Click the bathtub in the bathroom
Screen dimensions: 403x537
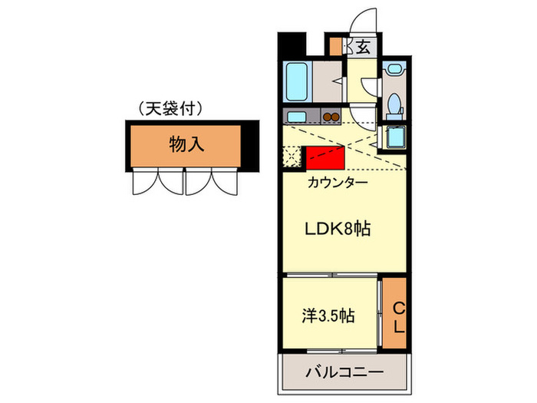click(x=297, y=82)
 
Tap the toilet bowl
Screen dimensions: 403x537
click(x=394, y=103)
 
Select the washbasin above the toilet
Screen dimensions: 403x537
click(x=394, y=69)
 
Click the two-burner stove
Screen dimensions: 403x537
click(x=331, y=117)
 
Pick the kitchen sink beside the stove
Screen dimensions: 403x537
click(x=296, y=117)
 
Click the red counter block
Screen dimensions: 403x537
click(x=324, y=158)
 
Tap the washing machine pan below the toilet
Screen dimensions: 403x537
click(x=394, y=137)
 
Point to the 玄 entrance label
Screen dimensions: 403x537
click(x=362, y=47)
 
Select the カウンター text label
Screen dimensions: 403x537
click(x=337, y=183)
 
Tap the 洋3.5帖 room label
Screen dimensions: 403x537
click(x=328, y=315)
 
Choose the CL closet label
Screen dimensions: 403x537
click(x=397, y=315)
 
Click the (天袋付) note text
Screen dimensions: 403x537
click(x=170, y=109)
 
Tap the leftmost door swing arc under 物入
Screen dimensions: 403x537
click(x=143, y=182)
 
